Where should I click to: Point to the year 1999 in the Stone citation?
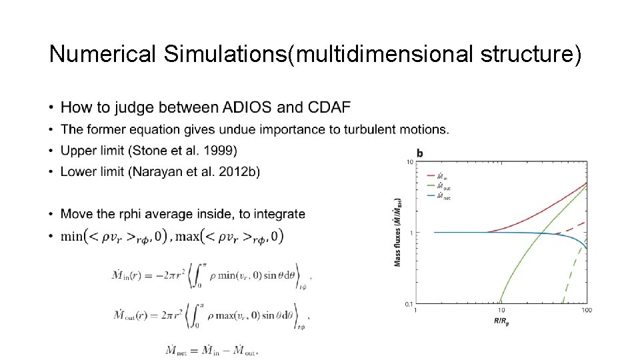tap(221, 150)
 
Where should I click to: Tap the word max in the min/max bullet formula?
tap(188, 235)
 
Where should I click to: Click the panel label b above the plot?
tap(420, 153)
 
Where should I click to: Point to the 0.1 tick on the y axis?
tap(408, 304)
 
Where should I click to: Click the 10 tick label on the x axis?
tap(501, 310)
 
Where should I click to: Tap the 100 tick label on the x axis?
tap(587, 310)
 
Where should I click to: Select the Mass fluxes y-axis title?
tap(398, 233)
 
